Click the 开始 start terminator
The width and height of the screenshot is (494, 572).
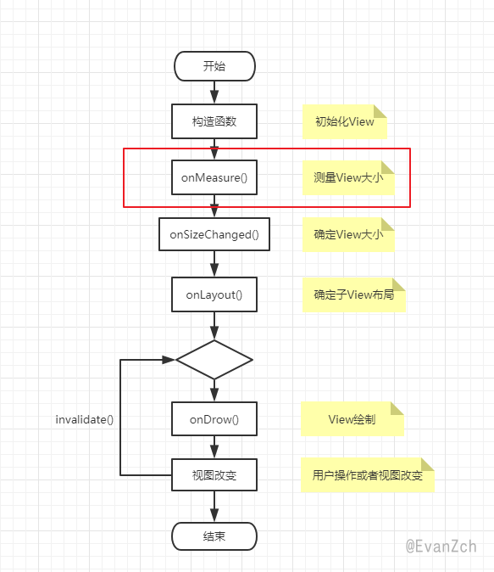214,66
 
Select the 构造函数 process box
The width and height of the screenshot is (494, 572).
214,121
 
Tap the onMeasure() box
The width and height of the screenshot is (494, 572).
214,177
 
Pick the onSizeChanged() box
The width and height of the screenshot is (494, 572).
214,234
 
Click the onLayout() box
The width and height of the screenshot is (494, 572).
214,294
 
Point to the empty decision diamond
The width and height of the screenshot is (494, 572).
214,360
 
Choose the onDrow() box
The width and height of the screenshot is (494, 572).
214,418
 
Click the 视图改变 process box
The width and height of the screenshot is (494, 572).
214,475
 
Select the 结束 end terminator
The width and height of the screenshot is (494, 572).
214,536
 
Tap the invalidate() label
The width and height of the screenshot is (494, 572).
85,419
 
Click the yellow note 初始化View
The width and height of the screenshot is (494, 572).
345,121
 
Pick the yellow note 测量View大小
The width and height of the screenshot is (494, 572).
348,177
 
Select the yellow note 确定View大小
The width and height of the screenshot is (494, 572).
348,234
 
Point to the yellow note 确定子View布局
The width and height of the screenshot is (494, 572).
353,294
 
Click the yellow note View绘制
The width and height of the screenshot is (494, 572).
352,419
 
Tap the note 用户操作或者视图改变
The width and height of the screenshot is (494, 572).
368,475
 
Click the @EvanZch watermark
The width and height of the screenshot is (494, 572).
441,547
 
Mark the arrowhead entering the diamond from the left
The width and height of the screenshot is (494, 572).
169,360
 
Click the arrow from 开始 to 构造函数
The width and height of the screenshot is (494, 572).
214,93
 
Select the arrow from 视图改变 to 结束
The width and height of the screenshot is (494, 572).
214,507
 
